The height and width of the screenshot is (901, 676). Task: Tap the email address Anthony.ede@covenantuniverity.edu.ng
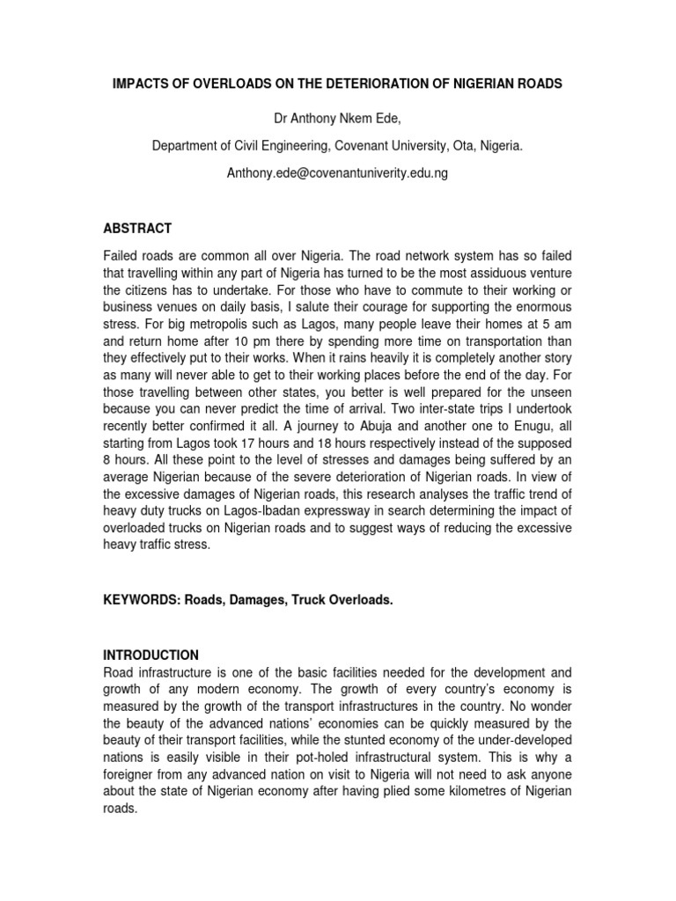pos(338,173)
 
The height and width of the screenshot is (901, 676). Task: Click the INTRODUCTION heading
pos(151,655)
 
